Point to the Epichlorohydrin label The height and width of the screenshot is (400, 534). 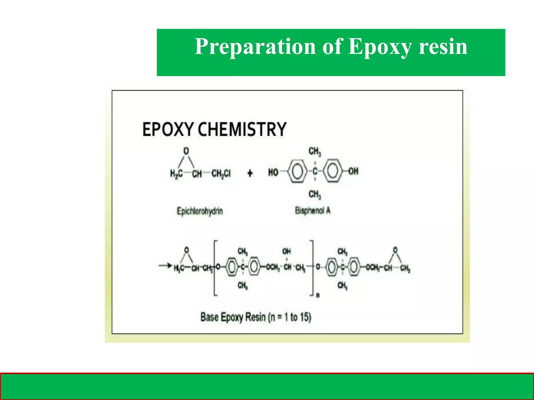pos(200,211)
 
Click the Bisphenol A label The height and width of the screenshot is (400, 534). pos(313,210)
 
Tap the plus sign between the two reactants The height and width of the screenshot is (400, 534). pos(250,173)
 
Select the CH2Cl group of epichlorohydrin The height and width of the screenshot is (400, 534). pos(221,173)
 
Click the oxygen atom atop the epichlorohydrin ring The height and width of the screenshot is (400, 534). pos(186,151)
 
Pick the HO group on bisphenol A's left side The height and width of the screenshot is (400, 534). pos(273,172)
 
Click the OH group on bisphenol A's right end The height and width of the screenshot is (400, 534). pos(353,171)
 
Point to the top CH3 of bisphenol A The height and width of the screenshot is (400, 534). pos(315,151)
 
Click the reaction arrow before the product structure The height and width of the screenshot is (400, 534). pos(165,266)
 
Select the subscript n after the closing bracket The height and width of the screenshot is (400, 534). pos(318,295)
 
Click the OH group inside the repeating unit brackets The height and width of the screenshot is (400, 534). pos(287,251)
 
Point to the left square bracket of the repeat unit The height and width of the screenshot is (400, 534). pos(215,268)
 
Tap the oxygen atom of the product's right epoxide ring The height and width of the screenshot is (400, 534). pos(395,250)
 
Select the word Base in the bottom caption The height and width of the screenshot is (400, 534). pos(209,317)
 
